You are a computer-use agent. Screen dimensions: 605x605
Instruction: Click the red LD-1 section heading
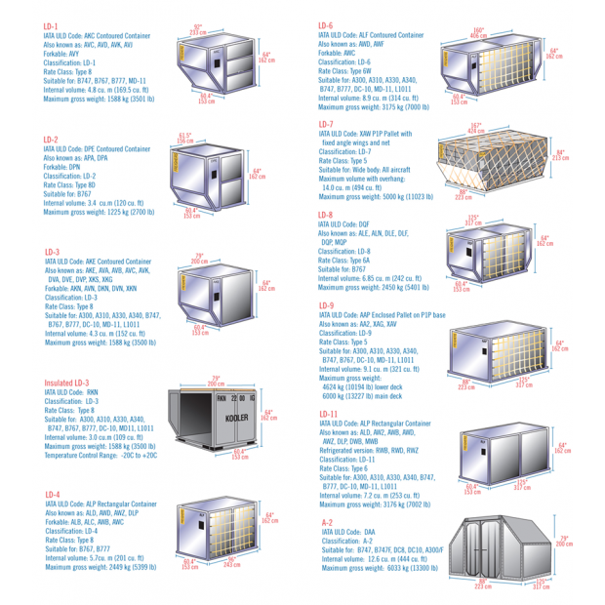51,26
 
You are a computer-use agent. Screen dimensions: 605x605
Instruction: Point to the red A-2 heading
328,523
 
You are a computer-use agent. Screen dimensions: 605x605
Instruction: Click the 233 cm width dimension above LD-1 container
198,32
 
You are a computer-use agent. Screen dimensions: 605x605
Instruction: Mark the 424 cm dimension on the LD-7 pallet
475,130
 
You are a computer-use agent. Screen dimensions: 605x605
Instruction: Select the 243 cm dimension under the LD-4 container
231,564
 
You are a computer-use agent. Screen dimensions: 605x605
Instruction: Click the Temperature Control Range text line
100,455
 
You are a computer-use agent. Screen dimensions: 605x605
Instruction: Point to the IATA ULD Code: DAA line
357,532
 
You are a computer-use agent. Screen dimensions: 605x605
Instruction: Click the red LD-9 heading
326,306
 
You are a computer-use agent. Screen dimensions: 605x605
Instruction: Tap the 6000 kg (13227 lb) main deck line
378,396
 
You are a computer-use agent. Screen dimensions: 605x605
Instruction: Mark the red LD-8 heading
326,215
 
